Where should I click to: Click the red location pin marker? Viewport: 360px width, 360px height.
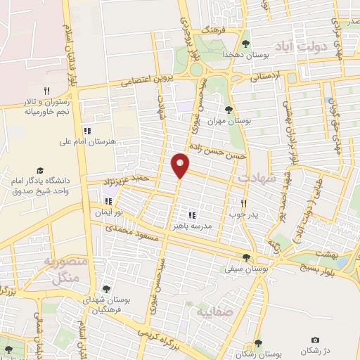[181, 165]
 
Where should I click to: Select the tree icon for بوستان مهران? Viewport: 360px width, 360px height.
[228, 109]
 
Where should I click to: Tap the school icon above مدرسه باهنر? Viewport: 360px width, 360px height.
[191, 215]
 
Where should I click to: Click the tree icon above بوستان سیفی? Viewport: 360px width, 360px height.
[246, 257]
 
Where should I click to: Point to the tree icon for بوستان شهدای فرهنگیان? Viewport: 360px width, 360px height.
[106, 289]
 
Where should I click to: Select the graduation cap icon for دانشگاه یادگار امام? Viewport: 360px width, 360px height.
[40, 171]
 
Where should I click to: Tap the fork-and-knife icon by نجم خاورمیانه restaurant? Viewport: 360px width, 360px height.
[46, 90]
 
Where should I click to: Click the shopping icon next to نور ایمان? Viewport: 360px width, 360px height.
[108, 201]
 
